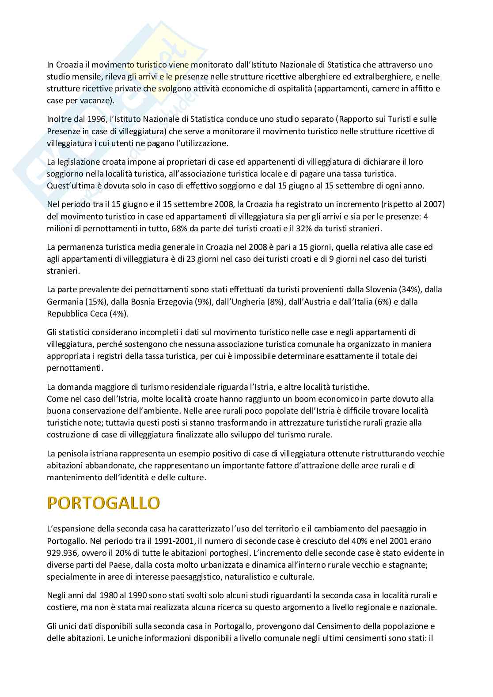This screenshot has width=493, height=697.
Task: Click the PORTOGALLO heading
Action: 103,503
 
